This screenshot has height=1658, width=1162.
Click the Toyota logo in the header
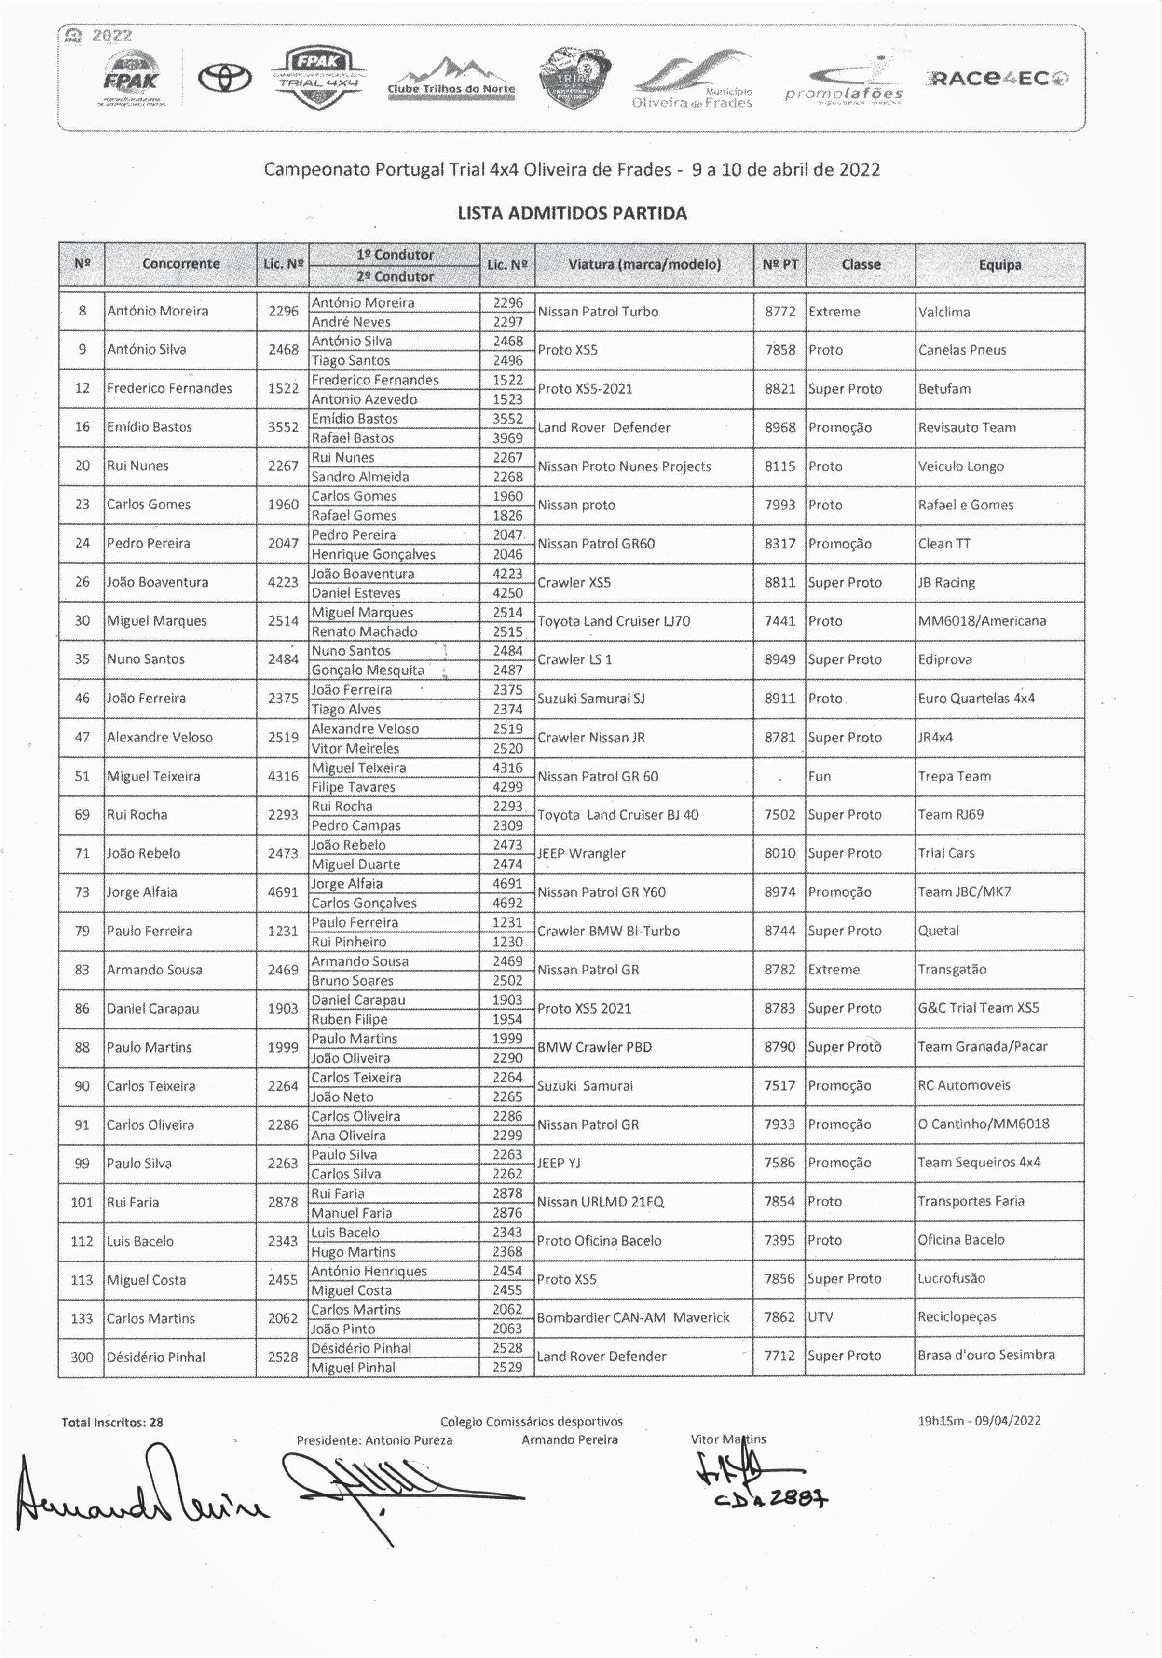click(x=225, y=77)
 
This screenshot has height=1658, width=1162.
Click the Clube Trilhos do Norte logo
click(x=451, y=80)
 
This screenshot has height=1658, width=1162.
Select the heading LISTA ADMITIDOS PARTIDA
click(x=572, y=213)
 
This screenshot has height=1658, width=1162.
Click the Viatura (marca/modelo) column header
click(x=644, y=264)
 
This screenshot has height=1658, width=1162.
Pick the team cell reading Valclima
click(x=944, y=312)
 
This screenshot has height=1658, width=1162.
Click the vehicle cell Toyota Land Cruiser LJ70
click(x=614, y=621)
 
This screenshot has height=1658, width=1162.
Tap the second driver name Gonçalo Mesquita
click(x=368, y=670)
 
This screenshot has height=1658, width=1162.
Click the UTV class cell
click(x=820, y=1317)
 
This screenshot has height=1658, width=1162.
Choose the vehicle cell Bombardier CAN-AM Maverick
click(x=633, y=1317)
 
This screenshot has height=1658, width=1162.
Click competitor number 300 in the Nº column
click(x=82, y=1357)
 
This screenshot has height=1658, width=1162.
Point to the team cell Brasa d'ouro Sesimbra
click(x=986, y=1356)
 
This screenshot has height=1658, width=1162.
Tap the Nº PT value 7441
click(x=780, y=621)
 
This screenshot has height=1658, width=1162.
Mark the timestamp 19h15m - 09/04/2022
click(x=979, y=1421)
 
